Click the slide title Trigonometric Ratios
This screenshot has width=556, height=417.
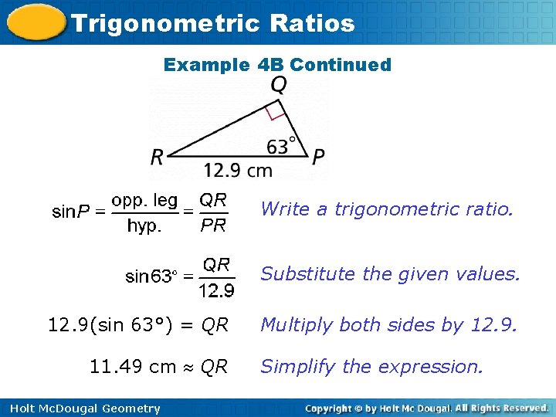pos(212,23)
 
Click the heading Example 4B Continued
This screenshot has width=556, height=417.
pos(277,65)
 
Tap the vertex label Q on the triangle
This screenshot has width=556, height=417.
pos(279,84)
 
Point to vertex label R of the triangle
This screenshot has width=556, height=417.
pos(158,158)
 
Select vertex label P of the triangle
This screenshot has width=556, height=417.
pos(318,158)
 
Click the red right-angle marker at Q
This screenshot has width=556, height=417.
pos(274,113)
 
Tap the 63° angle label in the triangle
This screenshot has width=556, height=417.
pos(282,145)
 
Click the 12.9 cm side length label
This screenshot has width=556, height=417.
pos(238,169)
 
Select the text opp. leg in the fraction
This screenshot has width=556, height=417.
pos(144,201)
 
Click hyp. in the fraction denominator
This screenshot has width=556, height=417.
pos(144,226)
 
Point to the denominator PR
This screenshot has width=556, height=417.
pos(213,226)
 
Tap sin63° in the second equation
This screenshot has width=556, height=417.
pos(151,276)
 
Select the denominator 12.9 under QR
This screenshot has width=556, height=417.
pos(216,290)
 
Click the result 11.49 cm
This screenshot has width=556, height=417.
pos(133,367)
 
